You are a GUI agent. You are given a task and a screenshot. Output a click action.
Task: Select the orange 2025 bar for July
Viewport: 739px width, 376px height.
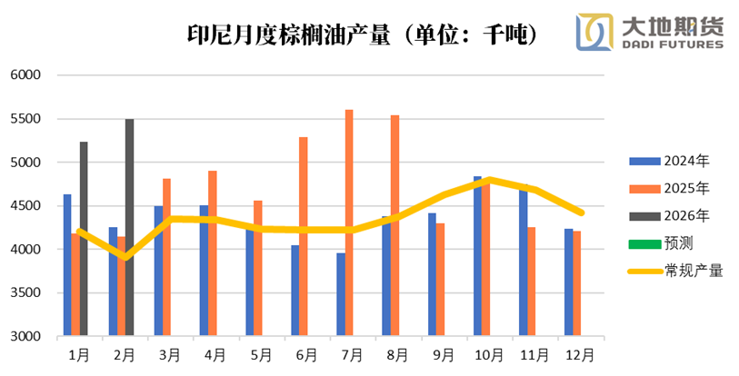[349, 223]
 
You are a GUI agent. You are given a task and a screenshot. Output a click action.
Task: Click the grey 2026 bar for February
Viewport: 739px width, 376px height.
[129, 227]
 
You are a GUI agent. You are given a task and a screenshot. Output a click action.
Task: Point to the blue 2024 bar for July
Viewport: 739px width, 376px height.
[341, 294]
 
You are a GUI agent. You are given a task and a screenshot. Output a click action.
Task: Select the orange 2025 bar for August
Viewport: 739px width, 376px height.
[394, 225]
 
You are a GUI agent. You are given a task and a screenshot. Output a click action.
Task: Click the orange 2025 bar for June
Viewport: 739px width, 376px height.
[304, 236]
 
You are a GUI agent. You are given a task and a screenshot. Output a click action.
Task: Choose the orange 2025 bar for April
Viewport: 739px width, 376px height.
[213, 253]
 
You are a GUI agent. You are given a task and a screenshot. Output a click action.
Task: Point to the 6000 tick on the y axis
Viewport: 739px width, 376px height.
[27, 75]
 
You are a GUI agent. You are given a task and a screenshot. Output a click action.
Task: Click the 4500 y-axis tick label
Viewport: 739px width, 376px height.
[27, 206]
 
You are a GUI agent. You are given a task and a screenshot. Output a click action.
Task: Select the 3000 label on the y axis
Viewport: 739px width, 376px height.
[27, 336]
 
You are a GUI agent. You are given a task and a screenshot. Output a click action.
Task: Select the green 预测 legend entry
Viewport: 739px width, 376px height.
[669, 242]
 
